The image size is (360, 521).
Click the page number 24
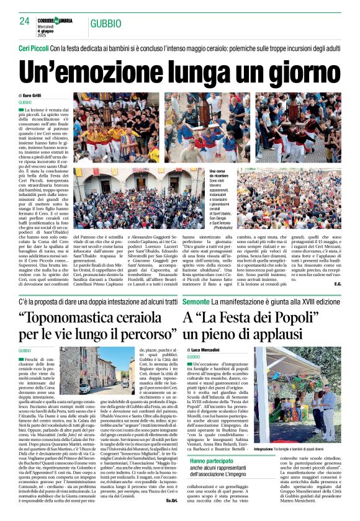[24, 21]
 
